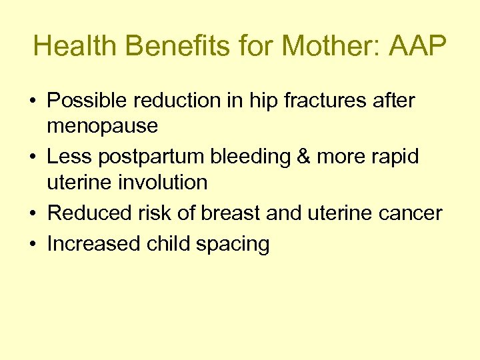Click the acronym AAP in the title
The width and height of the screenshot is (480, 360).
pos(417,46)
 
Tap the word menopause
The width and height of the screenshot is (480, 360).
pos(102,125)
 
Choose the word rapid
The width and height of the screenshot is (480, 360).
pos(395,157)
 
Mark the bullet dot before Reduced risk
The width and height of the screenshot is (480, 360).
pos(33,214)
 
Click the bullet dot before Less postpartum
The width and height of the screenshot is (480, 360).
pos(33,158)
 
